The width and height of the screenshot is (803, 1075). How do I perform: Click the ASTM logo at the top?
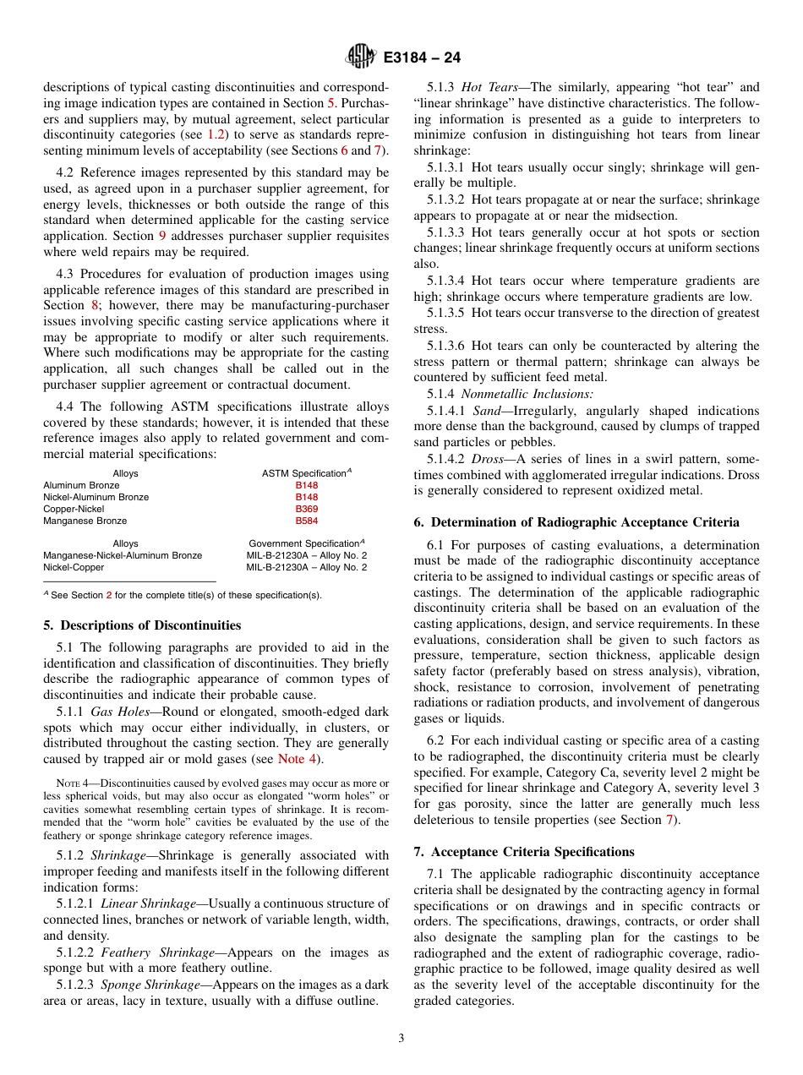coord(361,57)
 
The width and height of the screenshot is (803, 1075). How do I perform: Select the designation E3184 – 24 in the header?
coord(422,58)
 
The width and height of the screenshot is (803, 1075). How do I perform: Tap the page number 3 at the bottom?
coord(401,1039)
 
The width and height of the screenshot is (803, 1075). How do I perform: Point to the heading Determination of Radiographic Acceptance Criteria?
coord(576,522)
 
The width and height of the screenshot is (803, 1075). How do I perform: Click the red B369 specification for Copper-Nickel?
coord(306,510)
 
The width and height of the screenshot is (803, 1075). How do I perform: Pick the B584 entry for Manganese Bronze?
coord(306,521)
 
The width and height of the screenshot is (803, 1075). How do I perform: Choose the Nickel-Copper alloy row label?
coord(74,567)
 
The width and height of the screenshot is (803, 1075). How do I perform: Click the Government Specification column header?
coord(306,543)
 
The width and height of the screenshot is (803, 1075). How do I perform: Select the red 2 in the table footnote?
coord(108,595)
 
